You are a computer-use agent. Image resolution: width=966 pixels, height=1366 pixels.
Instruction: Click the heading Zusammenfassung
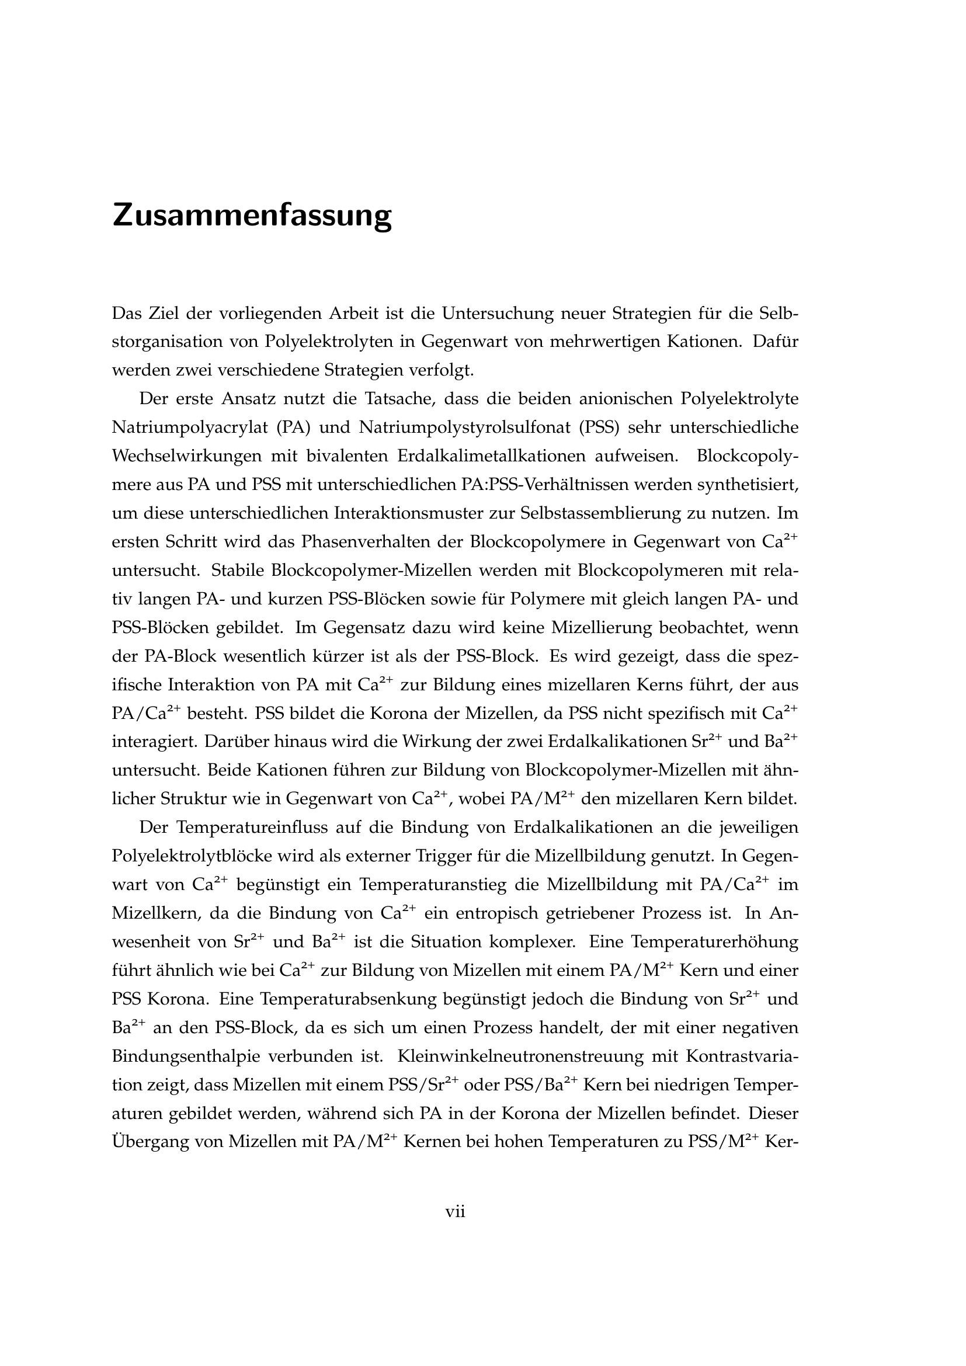pyautogui.click(x=252, y=215)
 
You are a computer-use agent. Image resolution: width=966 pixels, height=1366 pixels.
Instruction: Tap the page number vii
pyautogui.click(x=455, y=1211)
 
